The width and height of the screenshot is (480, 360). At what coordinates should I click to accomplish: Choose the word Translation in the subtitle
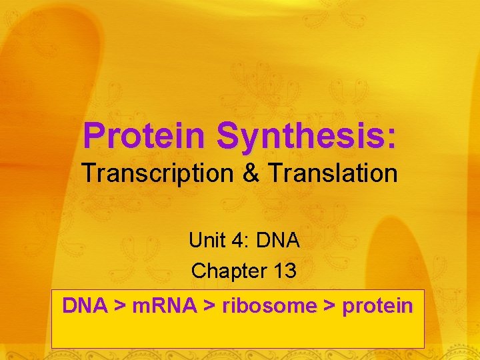[x=333, y=174]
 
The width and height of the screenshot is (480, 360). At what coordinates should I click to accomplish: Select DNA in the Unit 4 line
[x=278, y=240]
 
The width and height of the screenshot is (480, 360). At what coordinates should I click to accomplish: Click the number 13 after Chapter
[x=283, y=271]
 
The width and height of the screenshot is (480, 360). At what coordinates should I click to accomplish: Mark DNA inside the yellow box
[x=85, y=306]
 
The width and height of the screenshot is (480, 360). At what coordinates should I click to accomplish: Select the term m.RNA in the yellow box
[x=165, y=306]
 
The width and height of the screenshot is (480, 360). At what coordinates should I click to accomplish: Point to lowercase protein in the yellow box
[x=377, y=307]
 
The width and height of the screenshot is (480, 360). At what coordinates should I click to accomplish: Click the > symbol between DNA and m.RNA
[x=121, y=307]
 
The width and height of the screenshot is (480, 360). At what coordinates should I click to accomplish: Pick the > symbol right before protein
[x=329, y=307]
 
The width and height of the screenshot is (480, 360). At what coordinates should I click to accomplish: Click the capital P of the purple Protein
[x=93, y=135]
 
